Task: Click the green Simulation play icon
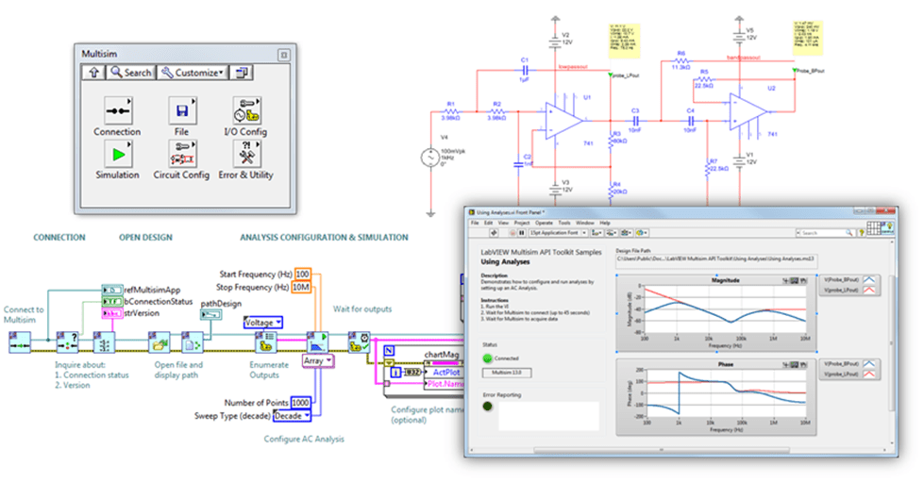coord(117,153)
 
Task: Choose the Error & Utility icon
coord(245,153)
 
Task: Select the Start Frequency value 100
coord(302,274)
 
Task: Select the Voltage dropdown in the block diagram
coord(263,322)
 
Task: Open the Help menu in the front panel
coord(605,222)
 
